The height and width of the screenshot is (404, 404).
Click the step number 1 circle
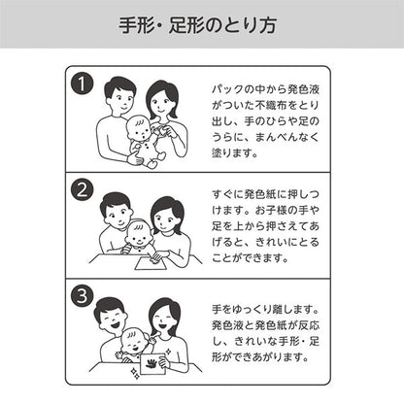[83, 84]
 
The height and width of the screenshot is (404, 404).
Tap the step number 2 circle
[83, 189]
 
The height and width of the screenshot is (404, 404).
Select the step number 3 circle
[83, 295]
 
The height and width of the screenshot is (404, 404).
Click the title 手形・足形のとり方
[197, 25]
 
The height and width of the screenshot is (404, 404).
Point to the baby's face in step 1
[140, 129]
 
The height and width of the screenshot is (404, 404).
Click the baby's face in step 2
[140, 236]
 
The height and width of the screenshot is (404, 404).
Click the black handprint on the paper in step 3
[152, 362]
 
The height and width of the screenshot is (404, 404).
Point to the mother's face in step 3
[164, 320]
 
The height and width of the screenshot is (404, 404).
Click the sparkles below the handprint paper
[136, 373]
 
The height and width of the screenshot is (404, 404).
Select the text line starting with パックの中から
[265, 89]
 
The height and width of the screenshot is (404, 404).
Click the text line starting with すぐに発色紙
[265, 194]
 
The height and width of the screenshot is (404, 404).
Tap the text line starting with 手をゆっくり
[265, 309]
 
